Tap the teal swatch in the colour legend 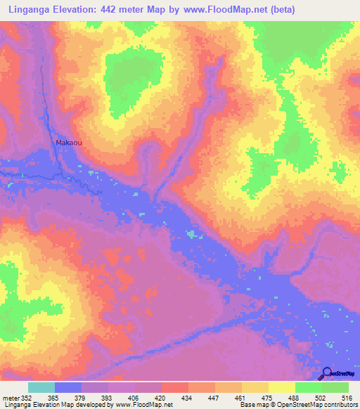[41, 387]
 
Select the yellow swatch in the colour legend [282, 387]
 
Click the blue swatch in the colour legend [68, 387]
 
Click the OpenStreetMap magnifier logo [327, 372]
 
